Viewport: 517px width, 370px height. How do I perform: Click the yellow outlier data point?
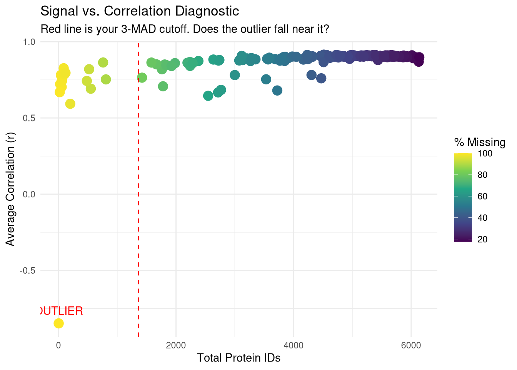point(58,323)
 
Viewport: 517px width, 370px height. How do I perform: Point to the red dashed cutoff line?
point(138,193)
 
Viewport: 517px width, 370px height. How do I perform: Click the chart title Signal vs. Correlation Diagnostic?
point(140,11)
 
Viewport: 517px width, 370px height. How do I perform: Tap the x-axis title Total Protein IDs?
point(238,358)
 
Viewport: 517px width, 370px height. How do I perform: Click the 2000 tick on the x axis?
point(176,345)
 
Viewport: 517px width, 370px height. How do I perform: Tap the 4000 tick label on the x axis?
point(294,345)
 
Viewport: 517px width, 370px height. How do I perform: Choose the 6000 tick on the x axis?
point(411,345)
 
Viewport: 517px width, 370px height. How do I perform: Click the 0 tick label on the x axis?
point(58,345)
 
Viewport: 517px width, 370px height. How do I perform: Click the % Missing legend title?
point(480,142)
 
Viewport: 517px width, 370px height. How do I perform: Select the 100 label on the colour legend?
point(485,153)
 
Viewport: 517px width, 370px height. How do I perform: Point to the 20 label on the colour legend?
point(482,239)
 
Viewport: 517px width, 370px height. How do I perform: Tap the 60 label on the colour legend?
point(482,196)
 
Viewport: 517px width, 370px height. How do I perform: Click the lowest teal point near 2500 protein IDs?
point(208,96)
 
